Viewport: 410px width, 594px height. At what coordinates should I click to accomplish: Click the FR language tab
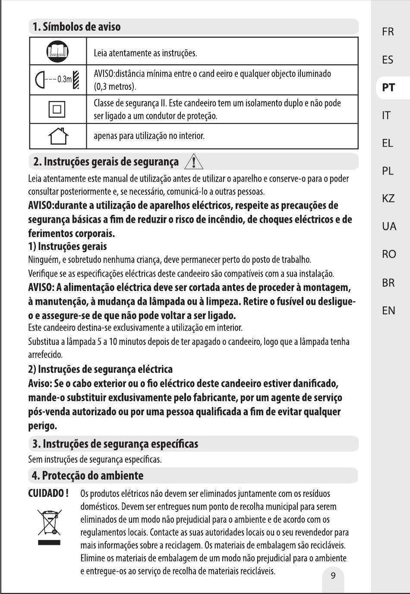click(388, 32)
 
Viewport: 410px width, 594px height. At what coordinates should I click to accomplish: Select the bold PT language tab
click(388, 87)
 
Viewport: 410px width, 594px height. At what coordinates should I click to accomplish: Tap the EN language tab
click(388, 310)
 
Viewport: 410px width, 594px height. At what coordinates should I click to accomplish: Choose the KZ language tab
click(388, 199)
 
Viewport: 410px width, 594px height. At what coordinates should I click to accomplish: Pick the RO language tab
click(388, 254)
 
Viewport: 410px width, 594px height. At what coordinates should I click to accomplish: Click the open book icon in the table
click(57, 51)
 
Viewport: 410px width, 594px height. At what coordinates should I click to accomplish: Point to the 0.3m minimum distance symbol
click(57, 79)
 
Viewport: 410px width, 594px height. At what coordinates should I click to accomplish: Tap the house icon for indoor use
click(58, 136)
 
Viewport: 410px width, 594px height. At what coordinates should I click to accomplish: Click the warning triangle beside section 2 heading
click(194, 162)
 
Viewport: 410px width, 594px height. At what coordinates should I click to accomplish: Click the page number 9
click(333, 575)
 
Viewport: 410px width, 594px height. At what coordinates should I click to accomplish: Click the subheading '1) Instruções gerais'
click(67, 246)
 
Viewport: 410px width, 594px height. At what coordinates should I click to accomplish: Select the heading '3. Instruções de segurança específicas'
click(115, 444)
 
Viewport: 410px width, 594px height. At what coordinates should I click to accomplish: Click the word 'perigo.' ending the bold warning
click(42, 426)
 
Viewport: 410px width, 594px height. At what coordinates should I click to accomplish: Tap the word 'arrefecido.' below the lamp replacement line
click(45, 355)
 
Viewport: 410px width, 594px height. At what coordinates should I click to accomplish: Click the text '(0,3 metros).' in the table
click(115, 87)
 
